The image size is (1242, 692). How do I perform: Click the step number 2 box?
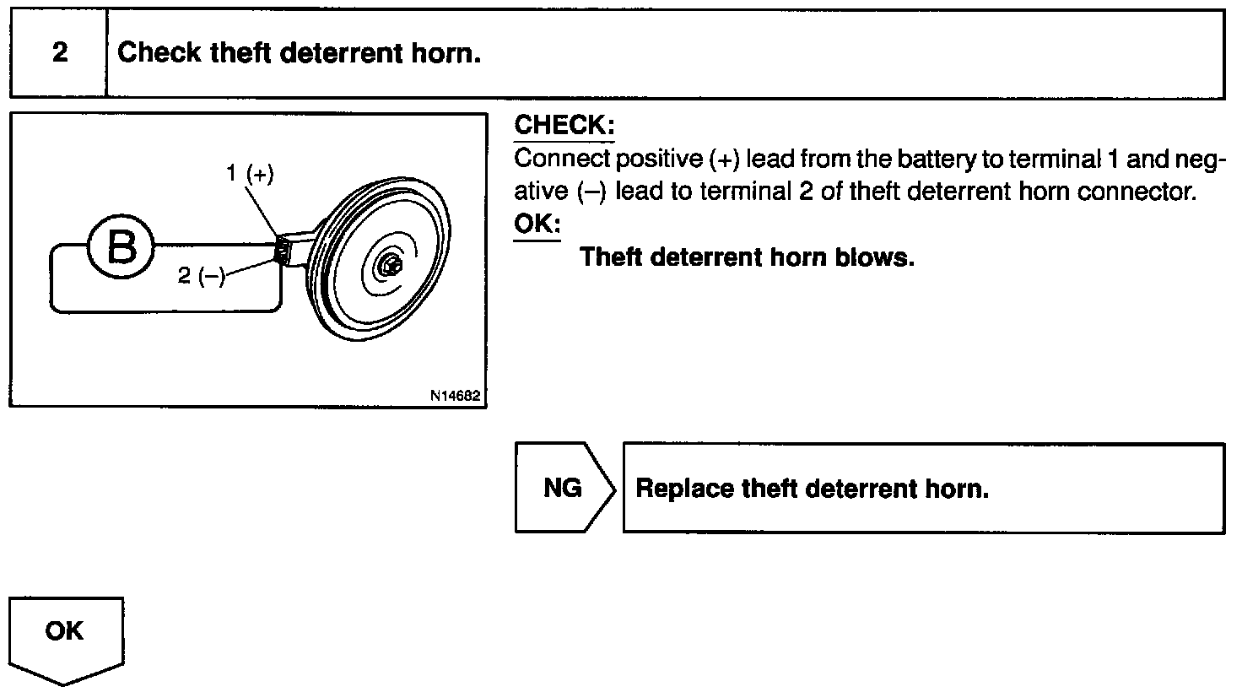point(59,53)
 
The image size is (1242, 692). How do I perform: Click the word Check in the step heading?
point(159,53)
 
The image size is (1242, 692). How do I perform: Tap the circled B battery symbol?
point(121,247)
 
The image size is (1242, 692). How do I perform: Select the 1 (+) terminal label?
point(250,174)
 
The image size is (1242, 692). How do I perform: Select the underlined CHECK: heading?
point(564,126)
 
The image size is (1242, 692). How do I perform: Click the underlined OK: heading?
point(537,225)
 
